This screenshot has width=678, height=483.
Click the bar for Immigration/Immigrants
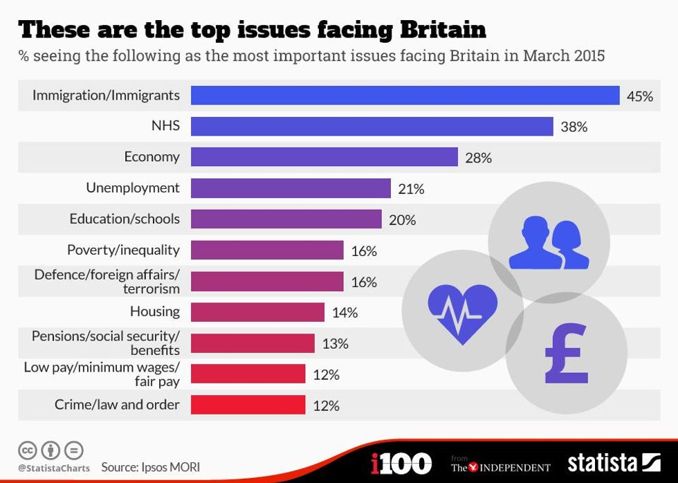pos(405,95)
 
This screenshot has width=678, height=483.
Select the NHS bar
pos(372,127)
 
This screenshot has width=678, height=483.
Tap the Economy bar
pos(324,157)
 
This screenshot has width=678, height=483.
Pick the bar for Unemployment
pos(291,188)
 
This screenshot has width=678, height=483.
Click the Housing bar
pos(257,312)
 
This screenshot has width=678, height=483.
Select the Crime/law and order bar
pos(248,405)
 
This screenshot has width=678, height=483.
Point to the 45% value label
pos(639,96)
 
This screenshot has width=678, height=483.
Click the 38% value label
pos(574,127)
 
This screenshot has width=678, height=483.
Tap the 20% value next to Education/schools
pos(402,220)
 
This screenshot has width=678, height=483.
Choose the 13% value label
pos(335,344)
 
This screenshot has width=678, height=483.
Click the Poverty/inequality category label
pos(123,250)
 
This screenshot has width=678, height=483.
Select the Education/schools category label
pos(125,219)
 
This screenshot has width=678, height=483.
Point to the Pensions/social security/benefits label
pos(106,343)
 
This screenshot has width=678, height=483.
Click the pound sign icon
pos(566,354)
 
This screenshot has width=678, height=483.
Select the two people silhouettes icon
pos(549,243)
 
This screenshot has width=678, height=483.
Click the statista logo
pos(614,463)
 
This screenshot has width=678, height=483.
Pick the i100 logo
pos(401,463)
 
